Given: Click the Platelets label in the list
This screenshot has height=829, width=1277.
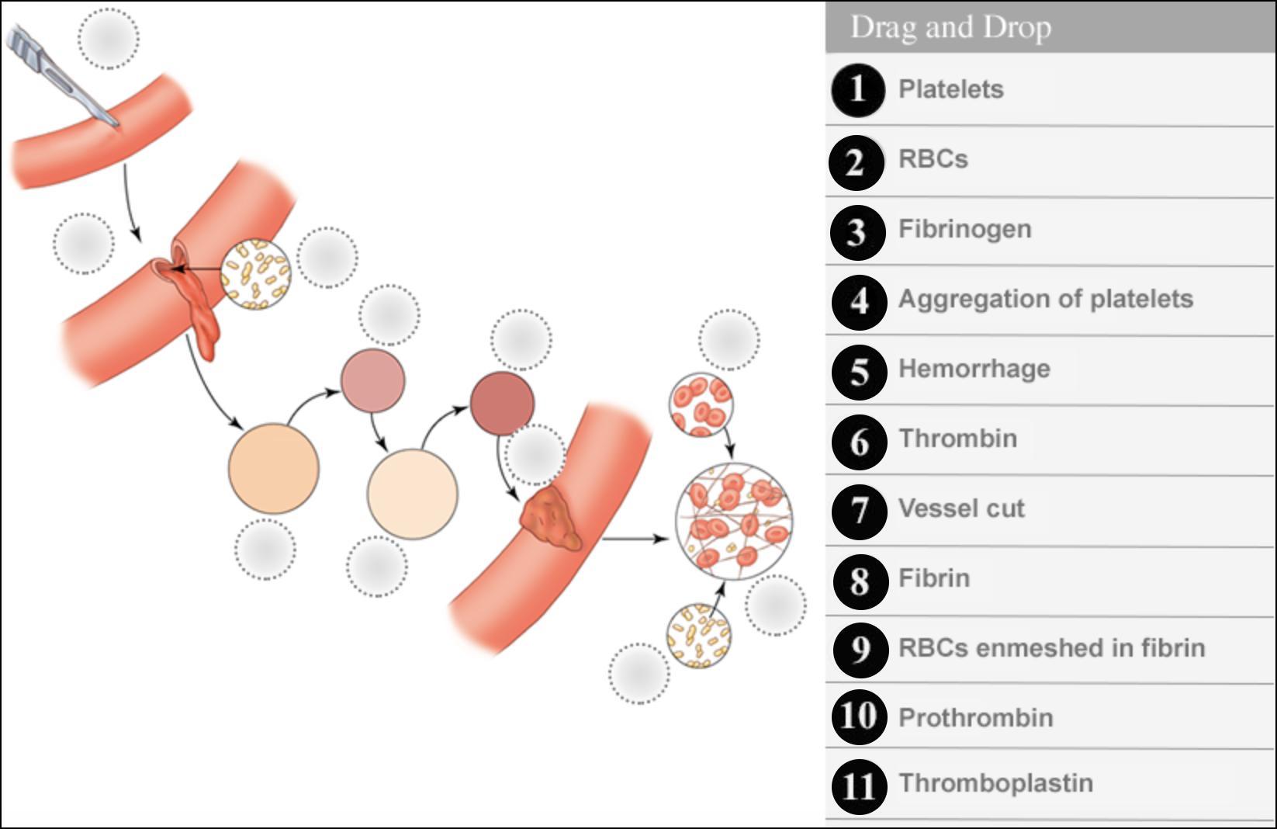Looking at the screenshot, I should click(x=950, y=89).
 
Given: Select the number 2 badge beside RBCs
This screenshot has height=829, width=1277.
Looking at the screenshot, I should click(x=856, y=162).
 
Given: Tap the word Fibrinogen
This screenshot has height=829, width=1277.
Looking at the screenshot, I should click(x=964, y=229).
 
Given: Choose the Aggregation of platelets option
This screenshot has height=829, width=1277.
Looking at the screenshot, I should click(x=1045, y=299).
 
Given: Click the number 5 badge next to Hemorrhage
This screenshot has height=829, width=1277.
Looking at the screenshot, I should click(x=859, y=372).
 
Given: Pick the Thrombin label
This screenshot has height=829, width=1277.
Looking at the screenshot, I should click(x=957, y=439).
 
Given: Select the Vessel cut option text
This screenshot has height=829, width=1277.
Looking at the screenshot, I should click(x=961, y=508).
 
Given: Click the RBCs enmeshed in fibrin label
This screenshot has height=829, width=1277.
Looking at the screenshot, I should click(x=1051, y=648).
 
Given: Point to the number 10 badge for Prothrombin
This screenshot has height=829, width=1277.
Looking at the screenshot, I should click(x=859, y=716).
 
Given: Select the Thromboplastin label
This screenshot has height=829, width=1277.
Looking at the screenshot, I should click(x=995, y=783).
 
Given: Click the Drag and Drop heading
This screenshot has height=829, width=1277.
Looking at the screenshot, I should click(x=950, y=27).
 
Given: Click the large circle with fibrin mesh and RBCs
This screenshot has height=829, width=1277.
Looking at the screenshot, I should click(x=734, y=521).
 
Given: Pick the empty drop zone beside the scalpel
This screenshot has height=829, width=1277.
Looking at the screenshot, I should click(x=109, y=39).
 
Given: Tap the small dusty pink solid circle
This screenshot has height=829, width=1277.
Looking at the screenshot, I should click(x=373, y=380).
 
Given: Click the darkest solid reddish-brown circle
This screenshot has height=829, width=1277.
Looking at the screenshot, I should click(x=502, y=403).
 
